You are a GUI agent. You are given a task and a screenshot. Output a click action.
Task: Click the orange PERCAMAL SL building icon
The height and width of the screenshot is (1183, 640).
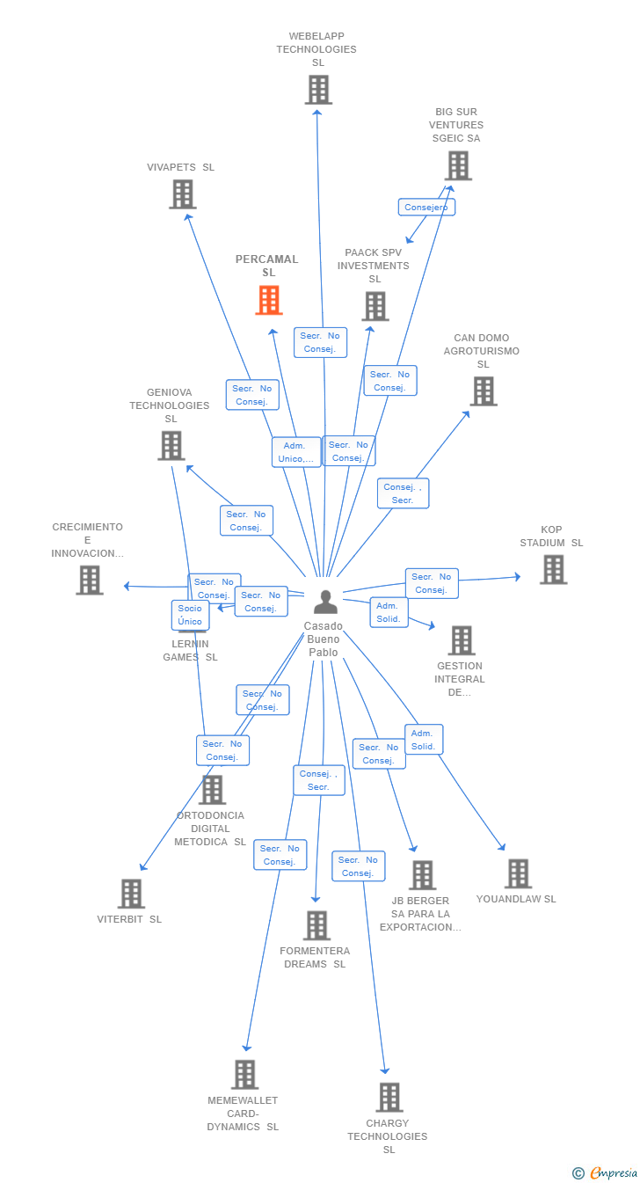point(269,300)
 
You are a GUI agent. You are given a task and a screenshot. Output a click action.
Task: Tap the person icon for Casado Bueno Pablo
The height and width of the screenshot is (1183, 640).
point(325,602)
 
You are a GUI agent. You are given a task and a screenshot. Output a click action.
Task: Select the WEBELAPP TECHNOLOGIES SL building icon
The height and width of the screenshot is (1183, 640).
point(318,90)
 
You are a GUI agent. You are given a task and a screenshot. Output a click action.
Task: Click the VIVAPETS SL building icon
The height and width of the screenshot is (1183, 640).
point(182,194)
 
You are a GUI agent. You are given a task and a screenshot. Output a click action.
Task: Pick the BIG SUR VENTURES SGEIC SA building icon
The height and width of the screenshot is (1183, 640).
point(458,165)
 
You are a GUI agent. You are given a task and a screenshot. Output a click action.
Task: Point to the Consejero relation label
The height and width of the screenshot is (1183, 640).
point(426,208)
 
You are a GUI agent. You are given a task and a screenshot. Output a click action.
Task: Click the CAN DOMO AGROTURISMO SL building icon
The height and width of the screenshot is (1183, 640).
point(483,391)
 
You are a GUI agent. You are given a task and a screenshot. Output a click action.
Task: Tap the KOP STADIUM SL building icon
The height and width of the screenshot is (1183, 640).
point(553,570)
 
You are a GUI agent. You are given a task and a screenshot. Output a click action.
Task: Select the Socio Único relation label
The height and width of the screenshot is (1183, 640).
point(190,615)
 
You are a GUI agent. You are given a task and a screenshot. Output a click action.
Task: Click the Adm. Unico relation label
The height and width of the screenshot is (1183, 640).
point(296,452)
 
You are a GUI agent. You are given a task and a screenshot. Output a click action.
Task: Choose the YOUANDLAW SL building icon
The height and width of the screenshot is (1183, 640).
point(518,873)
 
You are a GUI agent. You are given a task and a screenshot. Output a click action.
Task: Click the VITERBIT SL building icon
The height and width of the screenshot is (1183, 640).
point(131,894)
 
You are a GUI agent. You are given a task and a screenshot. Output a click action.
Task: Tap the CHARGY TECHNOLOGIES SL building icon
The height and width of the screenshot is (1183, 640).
point(389,1098)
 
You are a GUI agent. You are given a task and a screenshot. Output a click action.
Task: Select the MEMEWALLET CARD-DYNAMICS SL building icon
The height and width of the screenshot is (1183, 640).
point(244,1074)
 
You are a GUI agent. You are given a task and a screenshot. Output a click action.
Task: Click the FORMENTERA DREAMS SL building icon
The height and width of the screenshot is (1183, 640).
point(316,925)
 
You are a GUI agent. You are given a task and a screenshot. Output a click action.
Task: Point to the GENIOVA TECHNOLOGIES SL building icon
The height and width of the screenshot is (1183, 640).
point(171,446)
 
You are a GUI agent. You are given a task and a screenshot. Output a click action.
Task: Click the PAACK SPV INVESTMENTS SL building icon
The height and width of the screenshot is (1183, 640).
point(375,306)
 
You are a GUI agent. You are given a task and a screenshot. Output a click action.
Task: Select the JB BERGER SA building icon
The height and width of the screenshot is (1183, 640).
point(422,875)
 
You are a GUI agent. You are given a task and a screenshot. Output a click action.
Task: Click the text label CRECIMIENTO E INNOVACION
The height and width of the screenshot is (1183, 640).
point(87,540)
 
